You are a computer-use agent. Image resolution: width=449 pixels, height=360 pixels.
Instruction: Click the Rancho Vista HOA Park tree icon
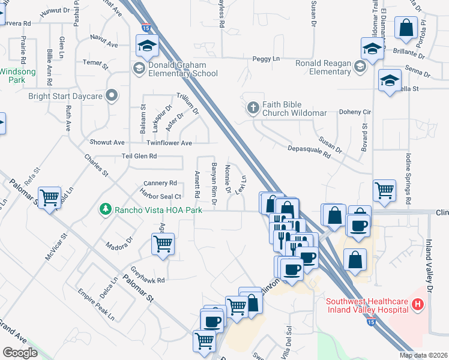106,209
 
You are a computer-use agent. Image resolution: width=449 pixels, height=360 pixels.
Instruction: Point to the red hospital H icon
418,305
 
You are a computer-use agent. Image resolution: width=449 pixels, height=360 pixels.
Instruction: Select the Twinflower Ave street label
169,143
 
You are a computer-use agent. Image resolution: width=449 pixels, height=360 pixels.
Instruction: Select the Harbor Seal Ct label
160,196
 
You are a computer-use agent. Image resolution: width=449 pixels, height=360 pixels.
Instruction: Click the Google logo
20,353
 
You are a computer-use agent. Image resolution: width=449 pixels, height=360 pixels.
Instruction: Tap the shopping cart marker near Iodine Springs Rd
384,191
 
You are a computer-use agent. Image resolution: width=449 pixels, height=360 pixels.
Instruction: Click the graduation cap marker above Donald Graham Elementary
146,46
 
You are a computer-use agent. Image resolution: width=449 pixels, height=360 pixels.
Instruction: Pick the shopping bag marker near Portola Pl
406,28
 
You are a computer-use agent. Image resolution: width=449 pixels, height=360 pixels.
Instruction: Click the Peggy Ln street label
267,59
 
